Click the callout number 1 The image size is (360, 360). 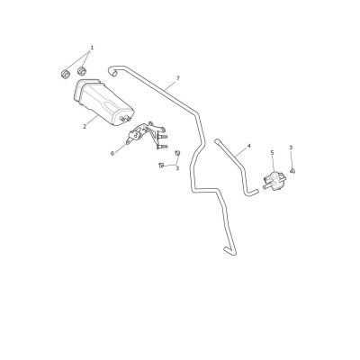pos(92,48)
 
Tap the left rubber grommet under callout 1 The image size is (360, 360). pos(66,74)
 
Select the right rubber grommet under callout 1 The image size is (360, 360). pos(82,71)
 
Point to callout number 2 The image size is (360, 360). pos(85,127)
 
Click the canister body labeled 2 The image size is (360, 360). pos(103,102)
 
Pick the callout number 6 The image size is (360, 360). pos(112,154)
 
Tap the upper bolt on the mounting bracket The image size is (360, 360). pos(162,137)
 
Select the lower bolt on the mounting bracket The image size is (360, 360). pos(162,147)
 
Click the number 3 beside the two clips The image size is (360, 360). pos(177,168)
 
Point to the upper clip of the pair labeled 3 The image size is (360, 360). pos(177,153)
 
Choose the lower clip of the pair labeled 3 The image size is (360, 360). pos(161,165)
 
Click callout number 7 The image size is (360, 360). pos(178,78)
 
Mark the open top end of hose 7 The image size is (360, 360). pos(112,71)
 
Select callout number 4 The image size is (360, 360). pos(248,146)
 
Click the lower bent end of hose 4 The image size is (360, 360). pos(251,193)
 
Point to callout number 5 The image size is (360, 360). pos(272,153)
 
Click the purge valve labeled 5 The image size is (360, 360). pos(274,181)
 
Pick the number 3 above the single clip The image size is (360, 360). pos(291,148)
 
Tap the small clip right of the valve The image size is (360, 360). pos(292,171)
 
